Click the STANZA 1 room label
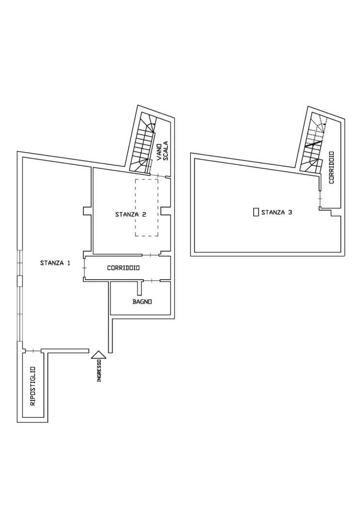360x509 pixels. pyautogui.click(x=55, y=263)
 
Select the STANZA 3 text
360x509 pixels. pyautogui.click(x=276, y=212)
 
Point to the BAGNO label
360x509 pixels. pyautogui.click(x=142, y=302)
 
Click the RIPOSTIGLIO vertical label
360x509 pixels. pyautogui.click(x=33, y=385)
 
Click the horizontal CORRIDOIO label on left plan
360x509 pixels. pyautogui.click(x=124, y=268)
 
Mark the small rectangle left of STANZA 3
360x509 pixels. pyautogui.click(x=256, y=212)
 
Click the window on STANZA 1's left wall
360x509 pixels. pyautogui.click(x=19, y=301)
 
